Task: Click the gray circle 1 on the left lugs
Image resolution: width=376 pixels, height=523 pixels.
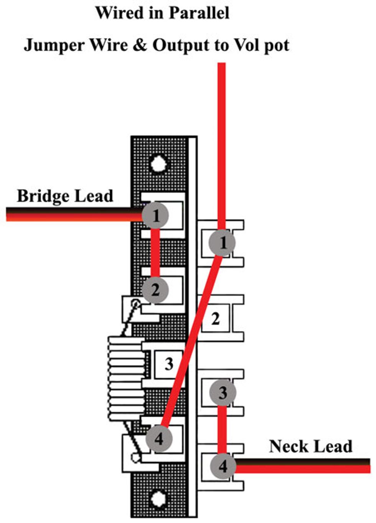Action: click(155, 216)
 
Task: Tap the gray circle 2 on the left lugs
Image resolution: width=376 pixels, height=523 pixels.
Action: click(155, 290)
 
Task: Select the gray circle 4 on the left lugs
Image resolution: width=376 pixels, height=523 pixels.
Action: click(159, 438)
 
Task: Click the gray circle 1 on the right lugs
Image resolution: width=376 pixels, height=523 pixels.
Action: click(223, 243)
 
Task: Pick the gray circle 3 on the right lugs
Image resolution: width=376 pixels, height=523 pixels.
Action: click(223, 393)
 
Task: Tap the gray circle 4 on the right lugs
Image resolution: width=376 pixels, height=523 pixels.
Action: click(223, 466)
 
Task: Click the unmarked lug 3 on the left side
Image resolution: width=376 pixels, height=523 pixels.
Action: click(168, 364)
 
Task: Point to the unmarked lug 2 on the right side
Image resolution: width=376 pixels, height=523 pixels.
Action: click(216, 318)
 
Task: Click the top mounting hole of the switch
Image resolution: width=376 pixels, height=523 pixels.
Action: click(158, 164)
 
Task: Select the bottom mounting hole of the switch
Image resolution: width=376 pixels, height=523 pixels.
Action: click(158, 499)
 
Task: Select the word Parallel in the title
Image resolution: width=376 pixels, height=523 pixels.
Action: click(199, 13)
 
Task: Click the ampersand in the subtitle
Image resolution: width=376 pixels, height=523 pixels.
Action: click(140, 45)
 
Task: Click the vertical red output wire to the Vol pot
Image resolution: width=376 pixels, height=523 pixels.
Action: click(222, 146)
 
